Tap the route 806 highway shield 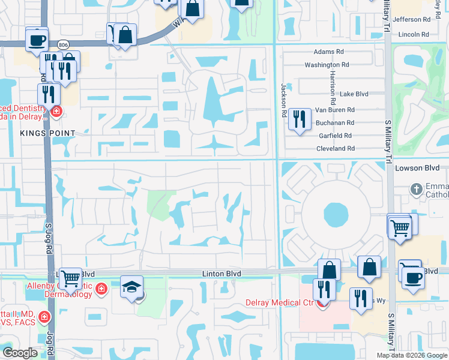tap(62, 44)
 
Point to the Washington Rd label tap(327, 65)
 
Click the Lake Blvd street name tap(354, 94)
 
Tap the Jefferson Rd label tap(412, 19)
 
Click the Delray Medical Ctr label tap(280, 302)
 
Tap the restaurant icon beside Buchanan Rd tap(299, 119)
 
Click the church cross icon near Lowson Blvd tap(416, 190)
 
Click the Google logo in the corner tap(20, 353)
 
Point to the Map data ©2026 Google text tap(412, 355)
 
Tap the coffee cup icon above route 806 tap(37, 40)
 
